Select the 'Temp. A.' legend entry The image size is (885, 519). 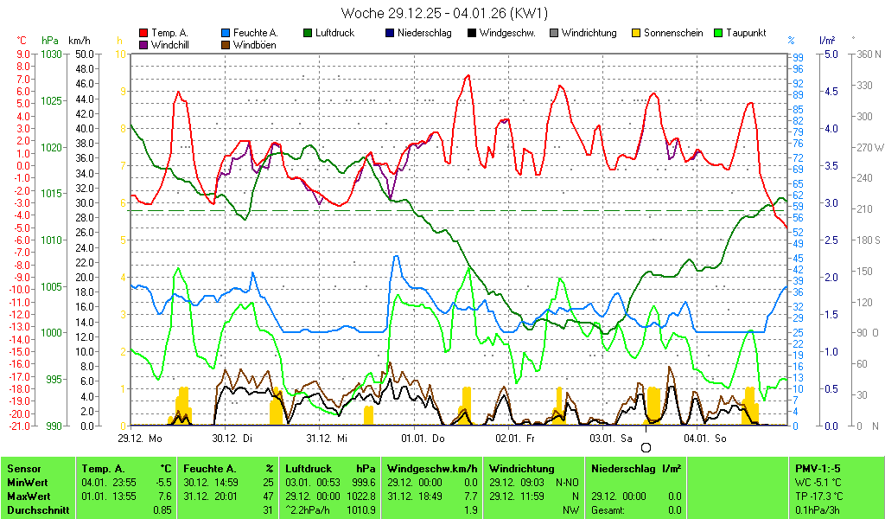[169, 33]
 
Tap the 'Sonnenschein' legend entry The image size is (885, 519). [671, 33]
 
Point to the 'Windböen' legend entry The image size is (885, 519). [254, 45]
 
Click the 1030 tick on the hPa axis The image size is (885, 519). [51, 54]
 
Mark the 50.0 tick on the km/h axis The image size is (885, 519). [84, 54]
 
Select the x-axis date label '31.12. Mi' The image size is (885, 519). [329, 439]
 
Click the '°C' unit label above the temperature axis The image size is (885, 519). [22, 41]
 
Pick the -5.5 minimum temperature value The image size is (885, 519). [163, 482]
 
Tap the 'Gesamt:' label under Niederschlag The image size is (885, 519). [608, 509]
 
